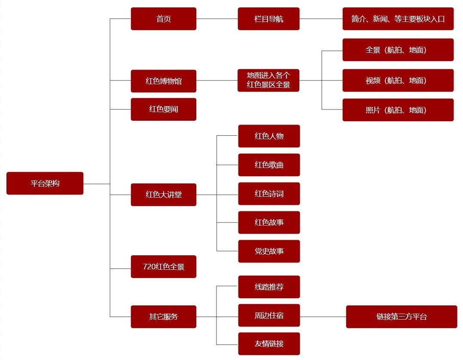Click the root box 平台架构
(x=45, y=183)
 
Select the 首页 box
(x=163, y=19)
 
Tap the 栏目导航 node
(x=268, y=19)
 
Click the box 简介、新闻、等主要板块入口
(x=398, y=19)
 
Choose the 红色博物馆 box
(x=163, y=81)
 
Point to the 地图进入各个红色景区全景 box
(x=268, y=80)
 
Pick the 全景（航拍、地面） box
(x=398, y=50)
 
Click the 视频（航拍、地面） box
(x=398, y=80)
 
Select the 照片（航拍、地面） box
(x=398, y=110)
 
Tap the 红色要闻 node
(x=163, y=109)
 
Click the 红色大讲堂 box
(x=163, y=195)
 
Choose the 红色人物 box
(x=269, y=136)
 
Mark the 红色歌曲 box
(x=269, y=165)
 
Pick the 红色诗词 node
(x=269, y=194)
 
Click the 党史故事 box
(x=269, y=251)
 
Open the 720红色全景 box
(x=163, y=267)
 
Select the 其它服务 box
(x=163, y=317)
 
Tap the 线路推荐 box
(x=269, y=287)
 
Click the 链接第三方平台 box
(x=401, y=317)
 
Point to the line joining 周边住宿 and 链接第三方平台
(x=323, y=317)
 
